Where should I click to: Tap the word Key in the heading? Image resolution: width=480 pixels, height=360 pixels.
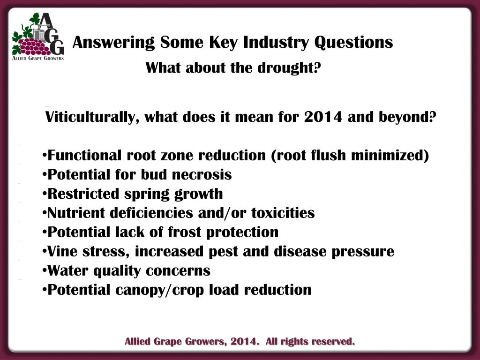223,43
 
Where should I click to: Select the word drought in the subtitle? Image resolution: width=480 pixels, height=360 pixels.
289,67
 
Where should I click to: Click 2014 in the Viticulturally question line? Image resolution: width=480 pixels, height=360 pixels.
323,117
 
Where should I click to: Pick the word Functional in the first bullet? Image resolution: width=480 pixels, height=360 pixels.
84,155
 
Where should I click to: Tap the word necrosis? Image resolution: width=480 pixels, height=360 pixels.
202,174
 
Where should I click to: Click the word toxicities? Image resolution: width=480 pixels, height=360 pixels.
283,213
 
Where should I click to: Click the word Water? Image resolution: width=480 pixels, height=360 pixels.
67,270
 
